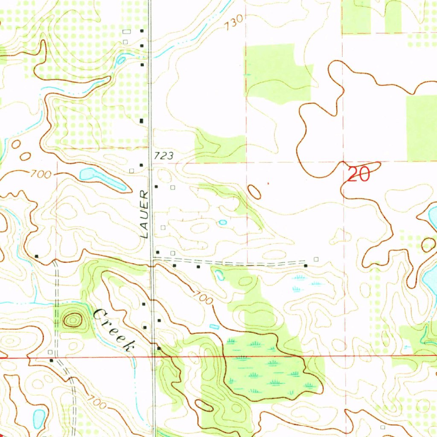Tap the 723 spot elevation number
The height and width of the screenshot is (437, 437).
[x=165, y=156]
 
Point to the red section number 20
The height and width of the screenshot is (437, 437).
[x=358, y=175]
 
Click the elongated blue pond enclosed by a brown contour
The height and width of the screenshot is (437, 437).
[x=102, y=178]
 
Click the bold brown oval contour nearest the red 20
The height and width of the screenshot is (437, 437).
[x=254, y=192]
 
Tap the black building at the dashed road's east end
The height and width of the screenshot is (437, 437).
[x=306, y=265]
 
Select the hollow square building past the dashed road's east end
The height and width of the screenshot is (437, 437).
[x=316, y=259]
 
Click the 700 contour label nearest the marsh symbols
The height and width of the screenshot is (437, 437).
[x=202, y=297]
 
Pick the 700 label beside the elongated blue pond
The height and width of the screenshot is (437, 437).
[x=41, y=174]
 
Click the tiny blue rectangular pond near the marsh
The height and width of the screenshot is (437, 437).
[x=214, y=326]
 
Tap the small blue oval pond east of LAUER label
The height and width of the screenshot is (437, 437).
[x=222, y=222]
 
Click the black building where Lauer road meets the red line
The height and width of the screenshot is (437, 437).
[x=158, y=349]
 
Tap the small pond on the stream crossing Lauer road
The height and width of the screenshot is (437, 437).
[x=121, y=60]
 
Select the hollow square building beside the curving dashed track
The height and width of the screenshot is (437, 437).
[x=50, y=352]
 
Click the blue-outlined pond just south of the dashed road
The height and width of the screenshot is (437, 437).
[x=219, y=275]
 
